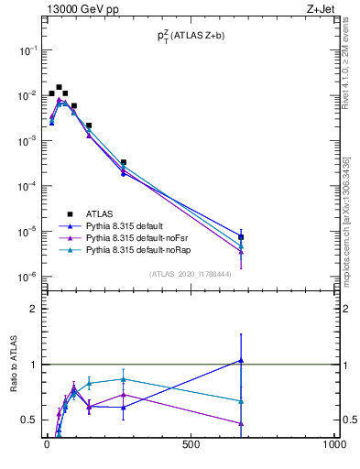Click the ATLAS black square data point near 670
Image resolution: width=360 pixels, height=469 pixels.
pyautogui.click(x=241, y=236)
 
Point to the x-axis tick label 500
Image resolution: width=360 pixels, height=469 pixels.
pyautogui.click(x=191, y=444)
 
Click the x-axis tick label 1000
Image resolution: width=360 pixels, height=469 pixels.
pyautogui.click(x=334, y=444)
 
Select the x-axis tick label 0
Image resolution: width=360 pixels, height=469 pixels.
pyautogui.click(x=47, y=444)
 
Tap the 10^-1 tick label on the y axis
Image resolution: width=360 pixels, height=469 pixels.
pyautogui.click(x=27, y=50)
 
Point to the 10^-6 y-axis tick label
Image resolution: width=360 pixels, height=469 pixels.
pyautogui.click(x=27, y=277)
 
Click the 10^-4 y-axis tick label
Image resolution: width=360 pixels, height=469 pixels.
pyautogui.click(x=27, y=186)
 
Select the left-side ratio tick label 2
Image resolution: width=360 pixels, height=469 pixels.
pyautogui.click(x=34, y=309)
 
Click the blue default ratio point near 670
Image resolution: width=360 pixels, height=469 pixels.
pyautogui.click(x=241, y=361)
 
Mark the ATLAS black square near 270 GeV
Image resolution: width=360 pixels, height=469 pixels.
pyautogui.click(x=124, y=162)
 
